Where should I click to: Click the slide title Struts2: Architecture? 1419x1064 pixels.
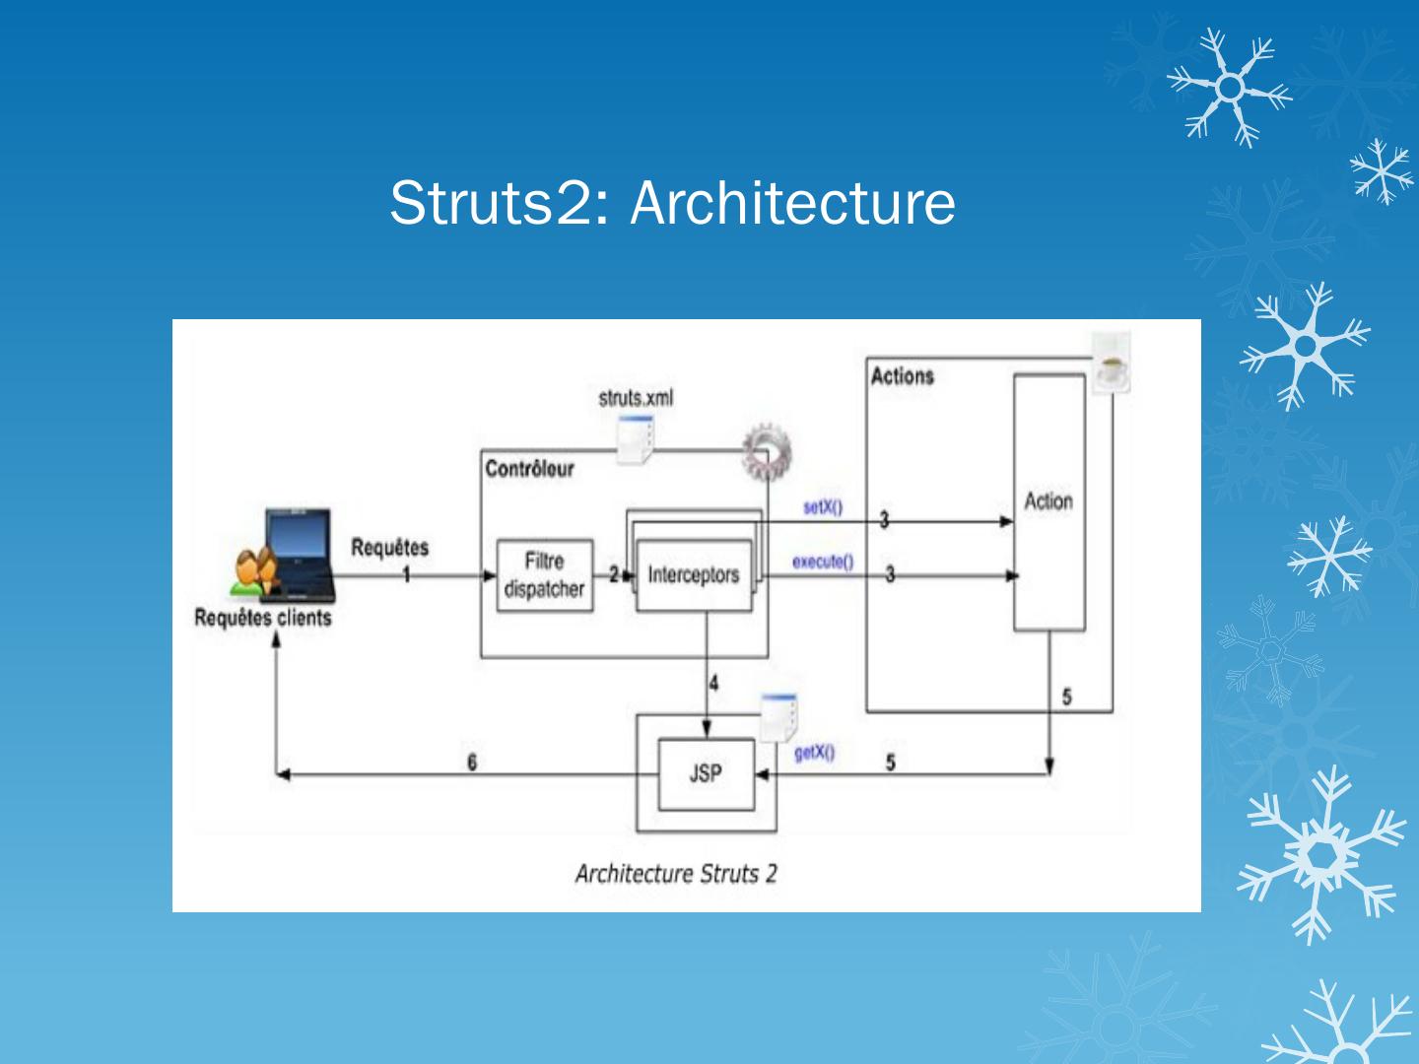click(672, 203)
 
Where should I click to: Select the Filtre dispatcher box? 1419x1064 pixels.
click(545, 575)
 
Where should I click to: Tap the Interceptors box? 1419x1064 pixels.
click(694, 575)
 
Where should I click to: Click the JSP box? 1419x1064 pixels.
click(706, 774)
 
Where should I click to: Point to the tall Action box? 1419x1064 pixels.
click(1049, 502)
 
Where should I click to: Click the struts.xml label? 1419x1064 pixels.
click(636, 398)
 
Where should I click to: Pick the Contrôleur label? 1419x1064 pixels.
click(529, 469)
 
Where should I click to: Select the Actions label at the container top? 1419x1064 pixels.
click(902, 376)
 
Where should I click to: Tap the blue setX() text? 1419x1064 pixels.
click(822, 507)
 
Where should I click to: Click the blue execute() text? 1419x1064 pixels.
click(823, 562)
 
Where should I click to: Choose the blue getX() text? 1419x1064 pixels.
click(814, 754)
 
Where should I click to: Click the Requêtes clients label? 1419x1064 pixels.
click(263, 619)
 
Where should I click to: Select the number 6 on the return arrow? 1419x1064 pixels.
click(472, 762)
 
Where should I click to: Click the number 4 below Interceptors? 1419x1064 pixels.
click(713, 683)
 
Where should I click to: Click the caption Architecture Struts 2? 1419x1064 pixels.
click(676, 874)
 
